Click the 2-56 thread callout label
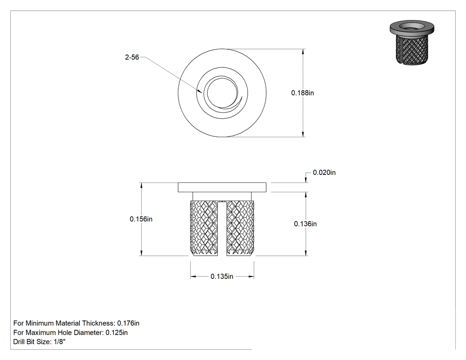click(x=132, y=57)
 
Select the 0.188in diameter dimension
click(x=303, y=93)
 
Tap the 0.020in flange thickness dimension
click(x=324, y=172)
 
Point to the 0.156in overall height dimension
click(x=141, y=219)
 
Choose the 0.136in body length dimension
click(x=305, y=224)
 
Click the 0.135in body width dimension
click(x=222, y=277)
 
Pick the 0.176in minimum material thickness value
click(x=128, y=323)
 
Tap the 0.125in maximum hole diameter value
click(x=116, y=332)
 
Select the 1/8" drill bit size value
click(x=59, y=341)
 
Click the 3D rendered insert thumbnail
click(x=412, y=42)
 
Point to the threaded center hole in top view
click(x=222, y=93)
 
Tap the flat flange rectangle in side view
click(x=222, y=187)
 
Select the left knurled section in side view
click(x=204, y=228)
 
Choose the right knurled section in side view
click(x=240, y=228)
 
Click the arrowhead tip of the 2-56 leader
click(x=202, y=94)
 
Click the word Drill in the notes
click(x=19, y=341)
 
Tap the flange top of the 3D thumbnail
click(x=412, y=26)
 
